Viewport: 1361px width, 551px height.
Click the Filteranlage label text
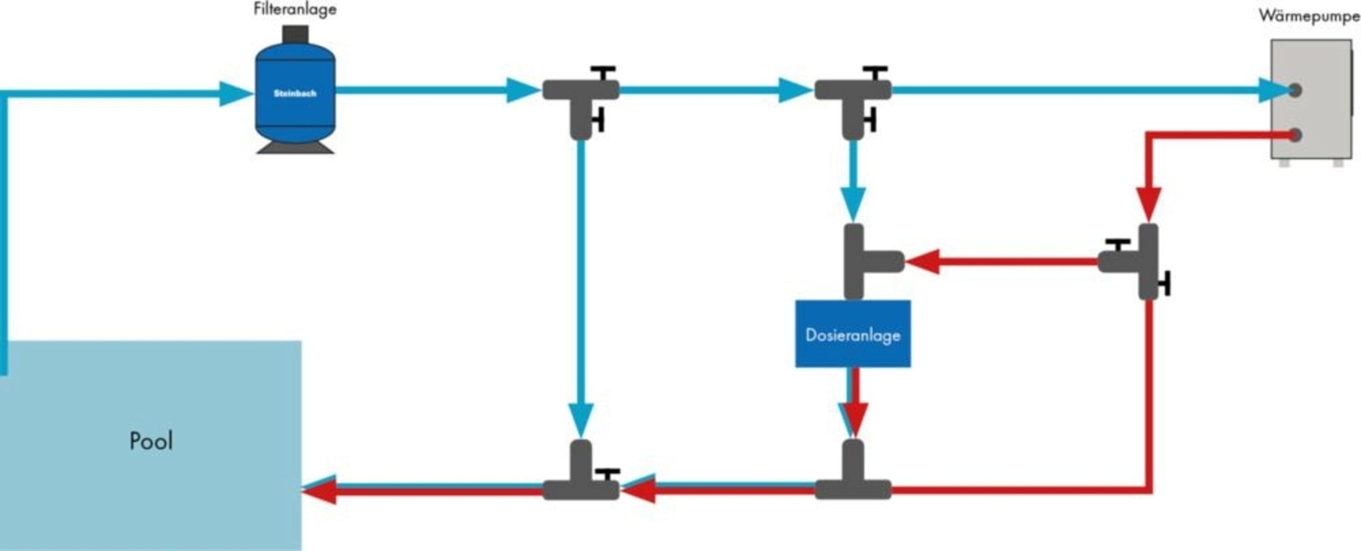[x=295, y=10]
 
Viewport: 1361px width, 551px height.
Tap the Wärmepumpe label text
[x=1309, y=16]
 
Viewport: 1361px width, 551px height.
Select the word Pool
[x=151, y=441]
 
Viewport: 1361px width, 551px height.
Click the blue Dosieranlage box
[x=853, y=334]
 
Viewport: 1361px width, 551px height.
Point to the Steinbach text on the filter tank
[x=295, y=94]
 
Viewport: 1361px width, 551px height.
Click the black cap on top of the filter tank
[x=295, y=33]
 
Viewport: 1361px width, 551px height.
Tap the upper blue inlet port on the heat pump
[x=1294, y=90]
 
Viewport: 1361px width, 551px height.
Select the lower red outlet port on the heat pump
[x=1294, y=135]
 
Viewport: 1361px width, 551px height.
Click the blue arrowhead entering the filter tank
[x=235, y=94]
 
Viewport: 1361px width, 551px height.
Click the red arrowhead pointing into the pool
[x=320, y=490]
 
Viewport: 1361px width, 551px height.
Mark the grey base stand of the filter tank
[x=295, y=148]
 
